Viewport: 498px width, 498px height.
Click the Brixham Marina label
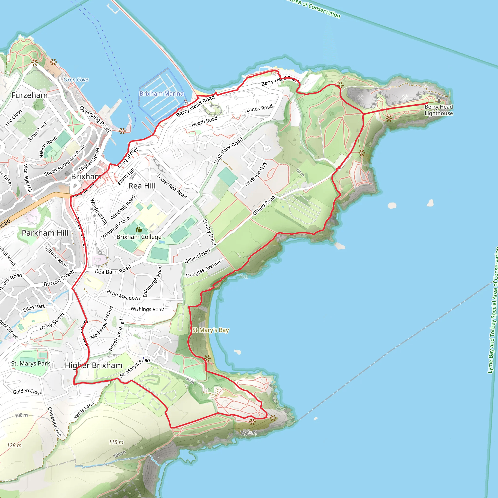[161, 94]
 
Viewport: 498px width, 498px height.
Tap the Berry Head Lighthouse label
[439, 110]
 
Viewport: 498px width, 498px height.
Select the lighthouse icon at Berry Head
[439, 99]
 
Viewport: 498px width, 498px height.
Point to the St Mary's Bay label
[210, 330]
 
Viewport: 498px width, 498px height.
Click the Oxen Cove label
[76, 80]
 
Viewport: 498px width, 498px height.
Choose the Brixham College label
[139, 237]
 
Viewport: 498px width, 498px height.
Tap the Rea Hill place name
[142, 186]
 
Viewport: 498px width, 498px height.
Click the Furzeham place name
[30, 95]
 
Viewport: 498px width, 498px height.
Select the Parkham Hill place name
[45, 233]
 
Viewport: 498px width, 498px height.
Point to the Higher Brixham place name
[94, 365]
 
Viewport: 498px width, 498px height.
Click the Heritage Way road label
[256, 174]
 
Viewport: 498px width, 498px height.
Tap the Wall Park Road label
[229, 151]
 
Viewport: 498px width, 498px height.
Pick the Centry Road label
[209, 232]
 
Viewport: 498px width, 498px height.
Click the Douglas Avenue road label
[203, 269]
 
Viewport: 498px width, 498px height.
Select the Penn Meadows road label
[124, 295]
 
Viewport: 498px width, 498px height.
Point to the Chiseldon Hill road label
[54, 422]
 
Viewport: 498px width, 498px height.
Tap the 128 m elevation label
[14, 445]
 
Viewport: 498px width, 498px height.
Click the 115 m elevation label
[116, 442]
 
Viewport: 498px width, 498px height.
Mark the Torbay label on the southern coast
[249, 433]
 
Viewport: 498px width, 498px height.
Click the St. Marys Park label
[31, 364]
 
